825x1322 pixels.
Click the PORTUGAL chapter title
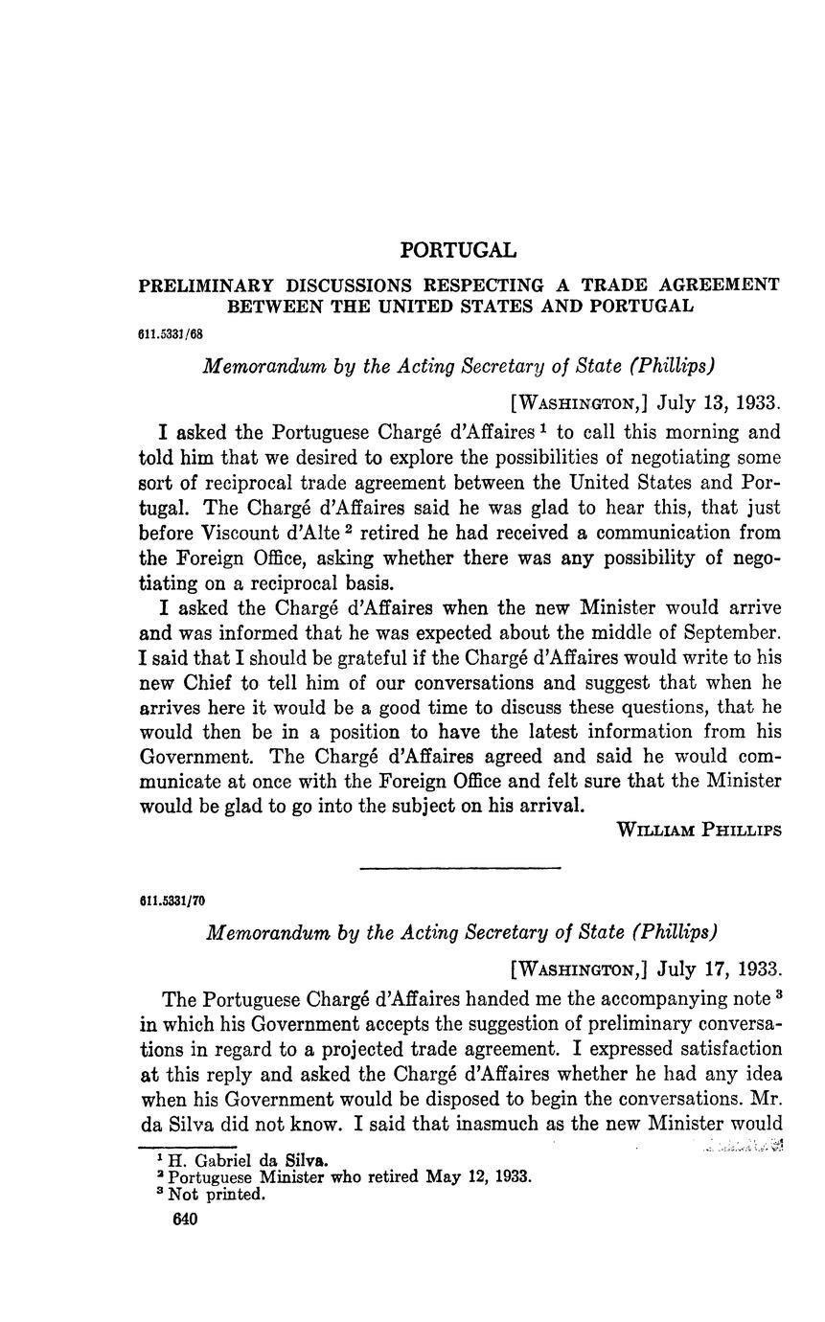(x=458, y=250)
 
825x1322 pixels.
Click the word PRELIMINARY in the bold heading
(x=207, y=285)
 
